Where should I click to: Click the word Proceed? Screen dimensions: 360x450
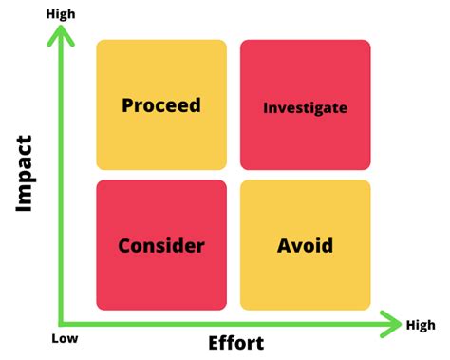161,104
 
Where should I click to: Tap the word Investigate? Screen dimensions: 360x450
305,107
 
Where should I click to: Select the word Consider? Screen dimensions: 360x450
161,246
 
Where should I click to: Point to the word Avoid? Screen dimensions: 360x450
305,246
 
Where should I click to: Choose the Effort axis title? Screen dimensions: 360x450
235,343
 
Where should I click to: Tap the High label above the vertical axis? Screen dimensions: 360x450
59,14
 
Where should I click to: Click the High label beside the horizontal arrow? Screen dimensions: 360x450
421,326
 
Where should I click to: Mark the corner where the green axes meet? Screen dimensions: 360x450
62,324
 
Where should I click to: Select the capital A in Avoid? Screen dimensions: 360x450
284,246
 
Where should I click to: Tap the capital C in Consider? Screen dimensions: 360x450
124,246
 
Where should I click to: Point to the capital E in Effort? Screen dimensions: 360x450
214,343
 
